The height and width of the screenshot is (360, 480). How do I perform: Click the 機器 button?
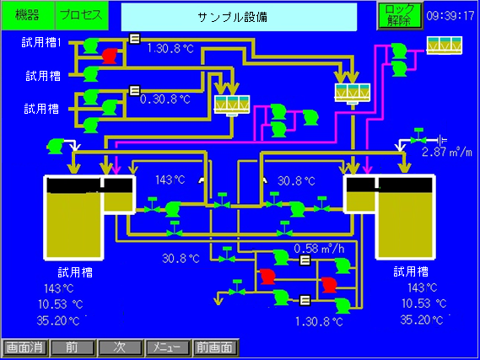pyautogui.click(x=28, y=15)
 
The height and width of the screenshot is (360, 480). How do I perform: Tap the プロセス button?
pyautogui.click(x=82, y=15)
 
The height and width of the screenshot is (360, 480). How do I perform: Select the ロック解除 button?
pyautogui.click(x=400, y=16)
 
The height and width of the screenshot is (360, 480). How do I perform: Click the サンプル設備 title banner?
pyautogui.click(x=239, y=17)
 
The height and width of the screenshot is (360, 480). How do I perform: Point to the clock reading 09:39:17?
pyautogui.click(x=450, y=16)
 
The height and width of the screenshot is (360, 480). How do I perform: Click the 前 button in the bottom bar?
pyautogui.click(x=73, y=347)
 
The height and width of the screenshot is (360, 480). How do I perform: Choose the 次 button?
pyautogui.click(x=120, y=347)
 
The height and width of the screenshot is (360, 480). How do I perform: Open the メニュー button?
pyautogui.click(x=167, y=347)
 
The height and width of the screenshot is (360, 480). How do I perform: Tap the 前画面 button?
pyautogui.click(x=215, y=347)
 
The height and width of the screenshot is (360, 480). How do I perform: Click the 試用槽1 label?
pyautogui.click(x=41, y=42)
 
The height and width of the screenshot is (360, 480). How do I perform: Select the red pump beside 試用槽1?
pyautogui.click(x=110, y=56)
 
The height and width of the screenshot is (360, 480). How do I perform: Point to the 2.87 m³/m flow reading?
pyautogui.click(x=447, y=152)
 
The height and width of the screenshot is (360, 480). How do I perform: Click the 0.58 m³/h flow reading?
pyautogui.click(x=319, y=249)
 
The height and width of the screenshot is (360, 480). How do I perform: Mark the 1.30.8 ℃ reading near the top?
pyautogui.click(x=170, y=48)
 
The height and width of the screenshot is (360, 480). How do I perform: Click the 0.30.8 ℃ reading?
pyautogui.click(x=165, y=99)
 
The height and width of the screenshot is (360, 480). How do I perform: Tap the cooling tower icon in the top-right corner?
pyautogui.click(x=445, y=46)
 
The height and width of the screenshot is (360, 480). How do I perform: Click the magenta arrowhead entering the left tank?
pyautogui.click(x=116, y=169)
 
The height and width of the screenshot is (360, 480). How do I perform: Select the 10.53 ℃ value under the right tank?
pyautogui.click(x=424, y=304)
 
